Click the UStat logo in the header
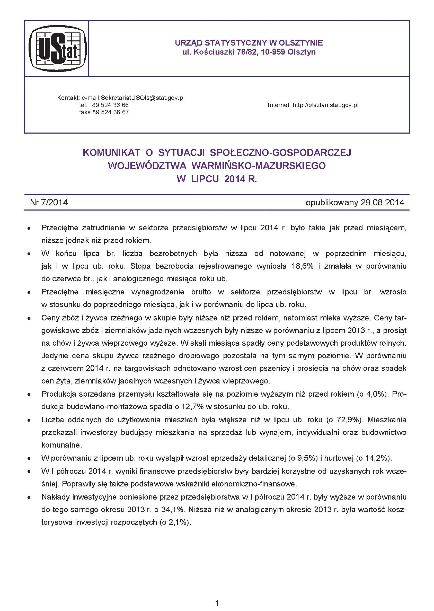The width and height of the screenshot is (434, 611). point(58,49)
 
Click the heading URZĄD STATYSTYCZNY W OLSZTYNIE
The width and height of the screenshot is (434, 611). point(249,43)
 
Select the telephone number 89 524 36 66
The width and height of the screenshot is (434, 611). point(110,105)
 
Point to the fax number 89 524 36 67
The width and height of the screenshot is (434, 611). point(110,112)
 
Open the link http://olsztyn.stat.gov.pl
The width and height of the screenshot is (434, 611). point(325,105)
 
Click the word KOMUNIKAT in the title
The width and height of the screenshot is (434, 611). point(111,153)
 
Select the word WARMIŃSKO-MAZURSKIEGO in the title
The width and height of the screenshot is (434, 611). point(259,166)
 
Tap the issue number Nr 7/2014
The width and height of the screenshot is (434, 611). point(49,202)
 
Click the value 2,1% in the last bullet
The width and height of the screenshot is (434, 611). point(178,522)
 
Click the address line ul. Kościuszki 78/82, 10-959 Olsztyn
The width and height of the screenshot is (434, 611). point(249,52)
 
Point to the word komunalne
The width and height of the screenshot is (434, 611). point(61,445)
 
